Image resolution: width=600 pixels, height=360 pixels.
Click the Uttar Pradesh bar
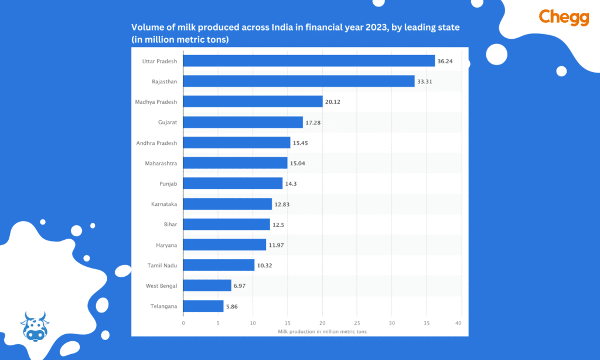tap(309, 61)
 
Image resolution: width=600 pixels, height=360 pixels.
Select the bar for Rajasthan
tap(299, 81)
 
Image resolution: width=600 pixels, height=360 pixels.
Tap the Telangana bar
tap(203, 306)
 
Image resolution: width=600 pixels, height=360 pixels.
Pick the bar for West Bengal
tap(207, 286)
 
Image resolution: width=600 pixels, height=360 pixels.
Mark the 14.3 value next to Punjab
tap(291, 184)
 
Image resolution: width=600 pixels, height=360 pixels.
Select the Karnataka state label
tap(164, 204)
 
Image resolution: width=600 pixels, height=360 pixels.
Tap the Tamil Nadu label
tap(163, 266)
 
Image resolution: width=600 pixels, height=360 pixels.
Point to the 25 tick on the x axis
tap(357, 323)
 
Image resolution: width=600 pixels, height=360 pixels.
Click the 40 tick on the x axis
tap(461, 323)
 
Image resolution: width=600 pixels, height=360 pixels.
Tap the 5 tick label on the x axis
tap(218, 323)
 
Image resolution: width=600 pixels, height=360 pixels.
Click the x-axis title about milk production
tap(322, 332)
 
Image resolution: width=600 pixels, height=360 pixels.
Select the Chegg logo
tap(564, 18)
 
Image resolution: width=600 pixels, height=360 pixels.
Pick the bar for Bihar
tap(227, 225)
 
